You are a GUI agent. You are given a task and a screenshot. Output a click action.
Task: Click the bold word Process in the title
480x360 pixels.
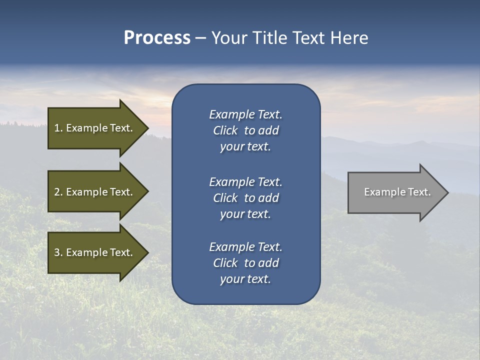(x=157, y=37)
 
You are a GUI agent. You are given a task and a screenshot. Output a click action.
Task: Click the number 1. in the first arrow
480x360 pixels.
(x=58, y=128)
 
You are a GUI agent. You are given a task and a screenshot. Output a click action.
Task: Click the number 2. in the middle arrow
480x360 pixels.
(x=58, y=192)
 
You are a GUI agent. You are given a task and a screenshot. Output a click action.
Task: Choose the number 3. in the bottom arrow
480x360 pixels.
(x=58, y=252)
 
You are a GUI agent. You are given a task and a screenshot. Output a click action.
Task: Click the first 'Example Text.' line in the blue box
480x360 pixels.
(x=245, y=114)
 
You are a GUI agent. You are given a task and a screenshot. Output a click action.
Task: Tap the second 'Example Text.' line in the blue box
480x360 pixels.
(x=245, y=181)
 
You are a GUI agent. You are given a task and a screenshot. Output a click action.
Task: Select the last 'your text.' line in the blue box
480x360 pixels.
(x=245, y=279)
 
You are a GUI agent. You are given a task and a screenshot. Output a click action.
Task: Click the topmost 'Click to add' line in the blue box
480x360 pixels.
(x=245, y=130)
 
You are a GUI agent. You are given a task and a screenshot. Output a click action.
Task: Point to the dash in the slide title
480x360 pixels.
(x=201, y=38)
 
